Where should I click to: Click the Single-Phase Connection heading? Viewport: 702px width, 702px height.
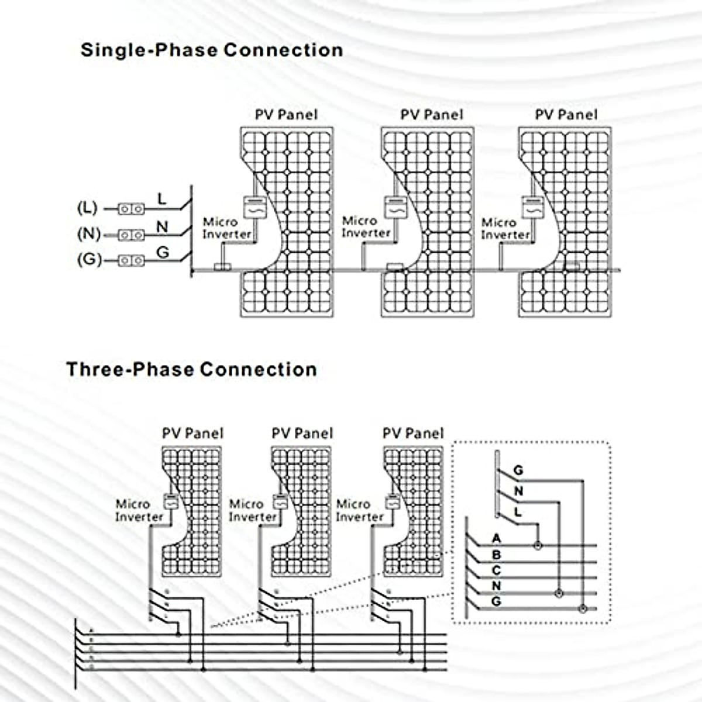point(212,50)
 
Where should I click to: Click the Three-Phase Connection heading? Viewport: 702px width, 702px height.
point(191,369)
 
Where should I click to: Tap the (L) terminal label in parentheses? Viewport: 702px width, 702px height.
point(88,208)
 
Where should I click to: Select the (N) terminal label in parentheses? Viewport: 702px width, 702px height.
point(89,234)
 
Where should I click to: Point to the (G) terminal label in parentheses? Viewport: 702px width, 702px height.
point(89,259)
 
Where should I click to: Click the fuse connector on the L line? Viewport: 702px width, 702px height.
point(132,208)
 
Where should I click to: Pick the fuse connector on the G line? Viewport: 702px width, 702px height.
point(132,260)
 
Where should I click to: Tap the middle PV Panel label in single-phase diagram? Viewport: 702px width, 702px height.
point(432,115)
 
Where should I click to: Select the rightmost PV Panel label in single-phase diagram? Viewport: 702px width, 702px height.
point(566,115)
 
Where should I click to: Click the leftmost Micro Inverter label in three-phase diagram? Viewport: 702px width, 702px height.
point(139,510)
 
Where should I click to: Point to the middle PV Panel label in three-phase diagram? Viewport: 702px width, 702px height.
point(302,433)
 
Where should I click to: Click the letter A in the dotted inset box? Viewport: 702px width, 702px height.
point(497,538)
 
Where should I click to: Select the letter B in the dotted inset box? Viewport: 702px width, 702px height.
point(497,555)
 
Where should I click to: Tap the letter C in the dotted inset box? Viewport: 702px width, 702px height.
point(497,570)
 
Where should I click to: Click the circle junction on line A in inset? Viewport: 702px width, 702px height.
point(538,546)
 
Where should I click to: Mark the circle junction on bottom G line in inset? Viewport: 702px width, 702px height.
point(582,609)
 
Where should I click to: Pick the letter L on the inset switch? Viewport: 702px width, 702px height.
point(518,512)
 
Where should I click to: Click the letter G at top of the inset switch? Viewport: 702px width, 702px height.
point(518,470)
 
